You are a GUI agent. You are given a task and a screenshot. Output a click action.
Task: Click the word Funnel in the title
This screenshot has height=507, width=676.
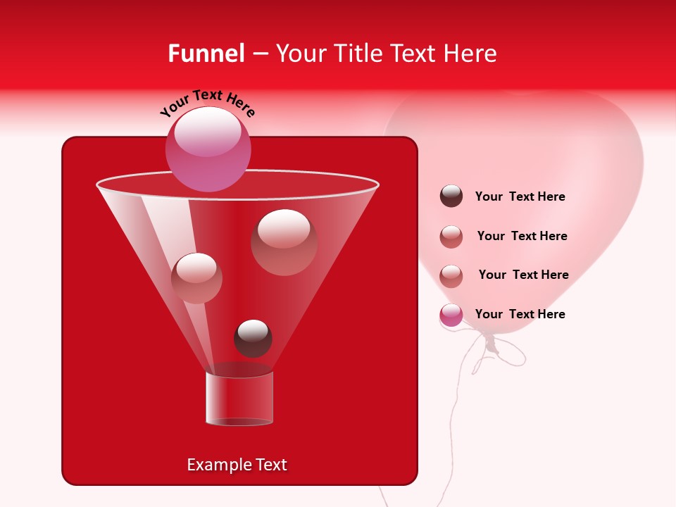[x=206, y=54]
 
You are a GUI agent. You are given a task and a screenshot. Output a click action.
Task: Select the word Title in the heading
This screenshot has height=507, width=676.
[x=353, y=54]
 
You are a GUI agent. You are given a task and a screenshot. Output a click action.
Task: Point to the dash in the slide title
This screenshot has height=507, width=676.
[x=259, y=54]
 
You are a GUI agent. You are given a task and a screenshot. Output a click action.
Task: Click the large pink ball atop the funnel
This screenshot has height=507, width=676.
[x=208, y=149]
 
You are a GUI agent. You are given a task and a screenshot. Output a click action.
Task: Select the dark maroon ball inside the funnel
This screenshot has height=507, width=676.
[x=253, y=338]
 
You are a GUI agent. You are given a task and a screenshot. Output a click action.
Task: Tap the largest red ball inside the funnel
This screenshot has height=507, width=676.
[x=284, y=242]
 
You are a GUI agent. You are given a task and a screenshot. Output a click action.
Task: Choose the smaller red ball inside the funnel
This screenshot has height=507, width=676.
[x=196, y=277]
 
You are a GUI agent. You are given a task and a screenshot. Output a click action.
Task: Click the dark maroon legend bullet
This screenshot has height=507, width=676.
[x=451, y=196]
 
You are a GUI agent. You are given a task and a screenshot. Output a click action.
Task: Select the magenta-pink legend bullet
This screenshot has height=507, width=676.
[x=451, y=315]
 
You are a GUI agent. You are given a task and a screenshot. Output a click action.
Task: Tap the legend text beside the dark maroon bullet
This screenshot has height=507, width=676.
[x=520, y=196]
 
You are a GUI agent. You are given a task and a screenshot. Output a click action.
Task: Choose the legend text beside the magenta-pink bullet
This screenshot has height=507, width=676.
[x=520, y=314]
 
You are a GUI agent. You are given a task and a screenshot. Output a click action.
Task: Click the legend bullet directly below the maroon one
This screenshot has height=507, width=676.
[x=451, y=237]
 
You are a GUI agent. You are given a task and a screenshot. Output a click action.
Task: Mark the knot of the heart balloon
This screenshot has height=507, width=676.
[x=492, y=343]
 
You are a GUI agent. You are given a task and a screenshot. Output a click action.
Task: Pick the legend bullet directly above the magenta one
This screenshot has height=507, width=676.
[x=451, y=275]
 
